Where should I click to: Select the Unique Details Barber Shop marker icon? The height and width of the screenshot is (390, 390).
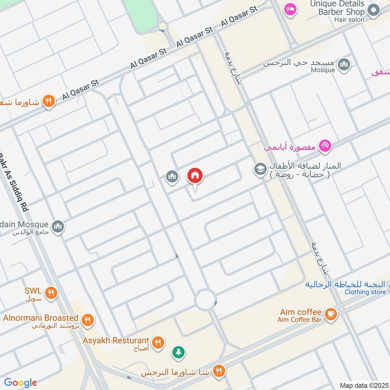pos(374,9)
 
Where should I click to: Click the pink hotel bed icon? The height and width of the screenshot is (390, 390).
pos(291,9)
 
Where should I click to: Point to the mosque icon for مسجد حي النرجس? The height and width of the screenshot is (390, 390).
pos(344,64)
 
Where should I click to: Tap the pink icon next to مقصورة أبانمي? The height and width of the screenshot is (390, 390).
pos(325,145)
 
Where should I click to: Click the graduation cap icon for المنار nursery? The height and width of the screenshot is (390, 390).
pos(259,169)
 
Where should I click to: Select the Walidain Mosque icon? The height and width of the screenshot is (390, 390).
pos(58,227)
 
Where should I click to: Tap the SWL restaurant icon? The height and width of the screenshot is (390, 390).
pos(51,293)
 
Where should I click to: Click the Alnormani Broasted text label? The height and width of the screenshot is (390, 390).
pos(40,317)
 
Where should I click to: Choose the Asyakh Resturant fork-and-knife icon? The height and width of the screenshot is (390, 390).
pos(157,342)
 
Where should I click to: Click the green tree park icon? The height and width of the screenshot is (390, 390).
pos(178,351)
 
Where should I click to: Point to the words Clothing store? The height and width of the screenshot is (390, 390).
pos(365,292)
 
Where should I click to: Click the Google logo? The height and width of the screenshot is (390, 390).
pos(20,383)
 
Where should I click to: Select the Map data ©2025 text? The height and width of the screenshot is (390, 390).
pos(363,385)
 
